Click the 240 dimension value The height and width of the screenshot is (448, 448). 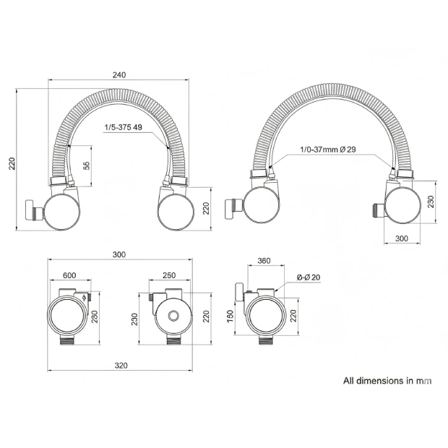tap(119, 75)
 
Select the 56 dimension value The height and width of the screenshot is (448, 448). tap(86, 165)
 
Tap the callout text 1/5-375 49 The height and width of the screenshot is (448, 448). tap(123, 127)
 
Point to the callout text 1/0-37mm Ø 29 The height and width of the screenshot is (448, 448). tap(328, 149)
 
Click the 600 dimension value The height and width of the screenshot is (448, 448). tap(69, 275)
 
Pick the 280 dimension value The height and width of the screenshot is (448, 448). tap(95, 316)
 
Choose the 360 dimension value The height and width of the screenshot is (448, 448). tap(264, 261)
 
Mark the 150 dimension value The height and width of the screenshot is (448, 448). tap(230, 316)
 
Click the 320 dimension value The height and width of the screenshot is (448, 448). tap(121, 366)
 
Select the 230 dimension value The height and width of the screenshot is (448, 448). tap(134, 319)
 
